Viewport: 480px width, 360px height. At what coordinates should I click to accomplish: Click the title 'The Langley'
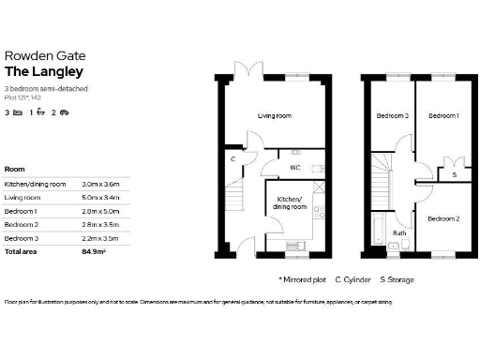(43, 70)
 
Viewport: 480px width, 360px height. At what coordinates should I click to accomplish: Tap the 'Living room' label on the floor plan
(275, 116)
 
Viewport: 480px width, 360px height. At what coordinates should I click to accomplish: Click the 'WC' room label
(295, 169)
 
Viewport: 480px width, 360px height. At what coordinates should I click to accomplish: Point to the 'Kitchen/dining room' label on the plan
(288, 202)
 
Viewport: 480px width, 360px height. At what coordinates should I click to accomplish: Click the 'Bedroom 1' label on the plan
(442, 116)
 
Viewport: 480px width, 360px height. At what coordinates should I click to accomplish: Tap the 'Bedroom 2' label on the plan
(442, 218)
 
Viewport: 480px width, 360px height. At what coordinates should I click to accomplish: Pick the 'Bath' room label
(399, 232)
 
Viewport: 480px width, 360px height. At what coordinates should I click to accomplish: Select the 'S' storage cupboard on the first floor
(455, 174)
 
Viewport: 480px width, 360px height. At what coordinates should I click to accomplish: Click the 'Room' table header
(15, 169)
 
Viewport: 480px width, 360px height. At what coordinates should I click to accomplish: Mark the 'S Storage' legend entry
(397, 279)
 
